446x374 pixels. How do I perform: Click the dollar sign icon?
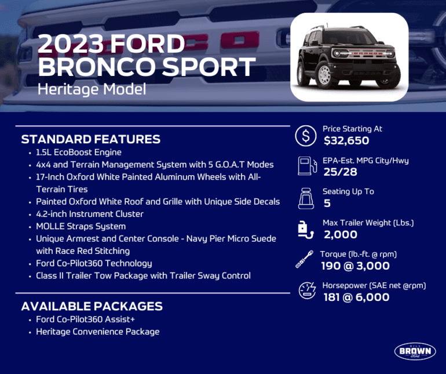305,136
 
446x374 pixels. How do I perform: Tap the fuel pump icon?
305,166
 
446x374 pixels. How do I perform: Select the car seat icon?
305,198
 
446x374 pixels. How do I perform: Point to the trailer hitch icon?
305,229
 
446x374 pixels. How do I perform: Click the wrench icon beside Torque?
305,260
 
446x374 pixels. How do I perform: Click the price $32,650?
346,140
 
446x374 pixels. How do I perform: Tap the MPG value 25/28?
341,172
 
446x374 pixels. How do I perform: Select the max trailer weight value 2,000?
340,234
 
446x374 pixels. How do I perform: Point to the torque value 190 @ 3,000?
354,266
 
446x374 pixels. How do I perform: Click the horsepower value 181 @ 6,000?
356,297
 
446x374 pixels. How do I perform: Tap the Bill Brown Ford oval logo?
415,351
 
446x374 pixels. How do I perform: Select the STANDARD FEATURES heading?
90,140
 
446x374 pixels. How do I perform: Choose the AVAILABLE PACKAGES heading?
92,307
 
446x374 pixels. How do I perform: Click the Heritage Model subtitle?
92,89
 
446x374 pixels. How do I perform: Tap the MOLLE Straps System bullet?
81,226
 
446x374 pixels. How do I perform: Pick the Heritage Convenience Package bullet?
97,332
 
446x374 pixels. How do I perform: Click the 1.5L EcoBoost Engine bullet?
78,152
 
